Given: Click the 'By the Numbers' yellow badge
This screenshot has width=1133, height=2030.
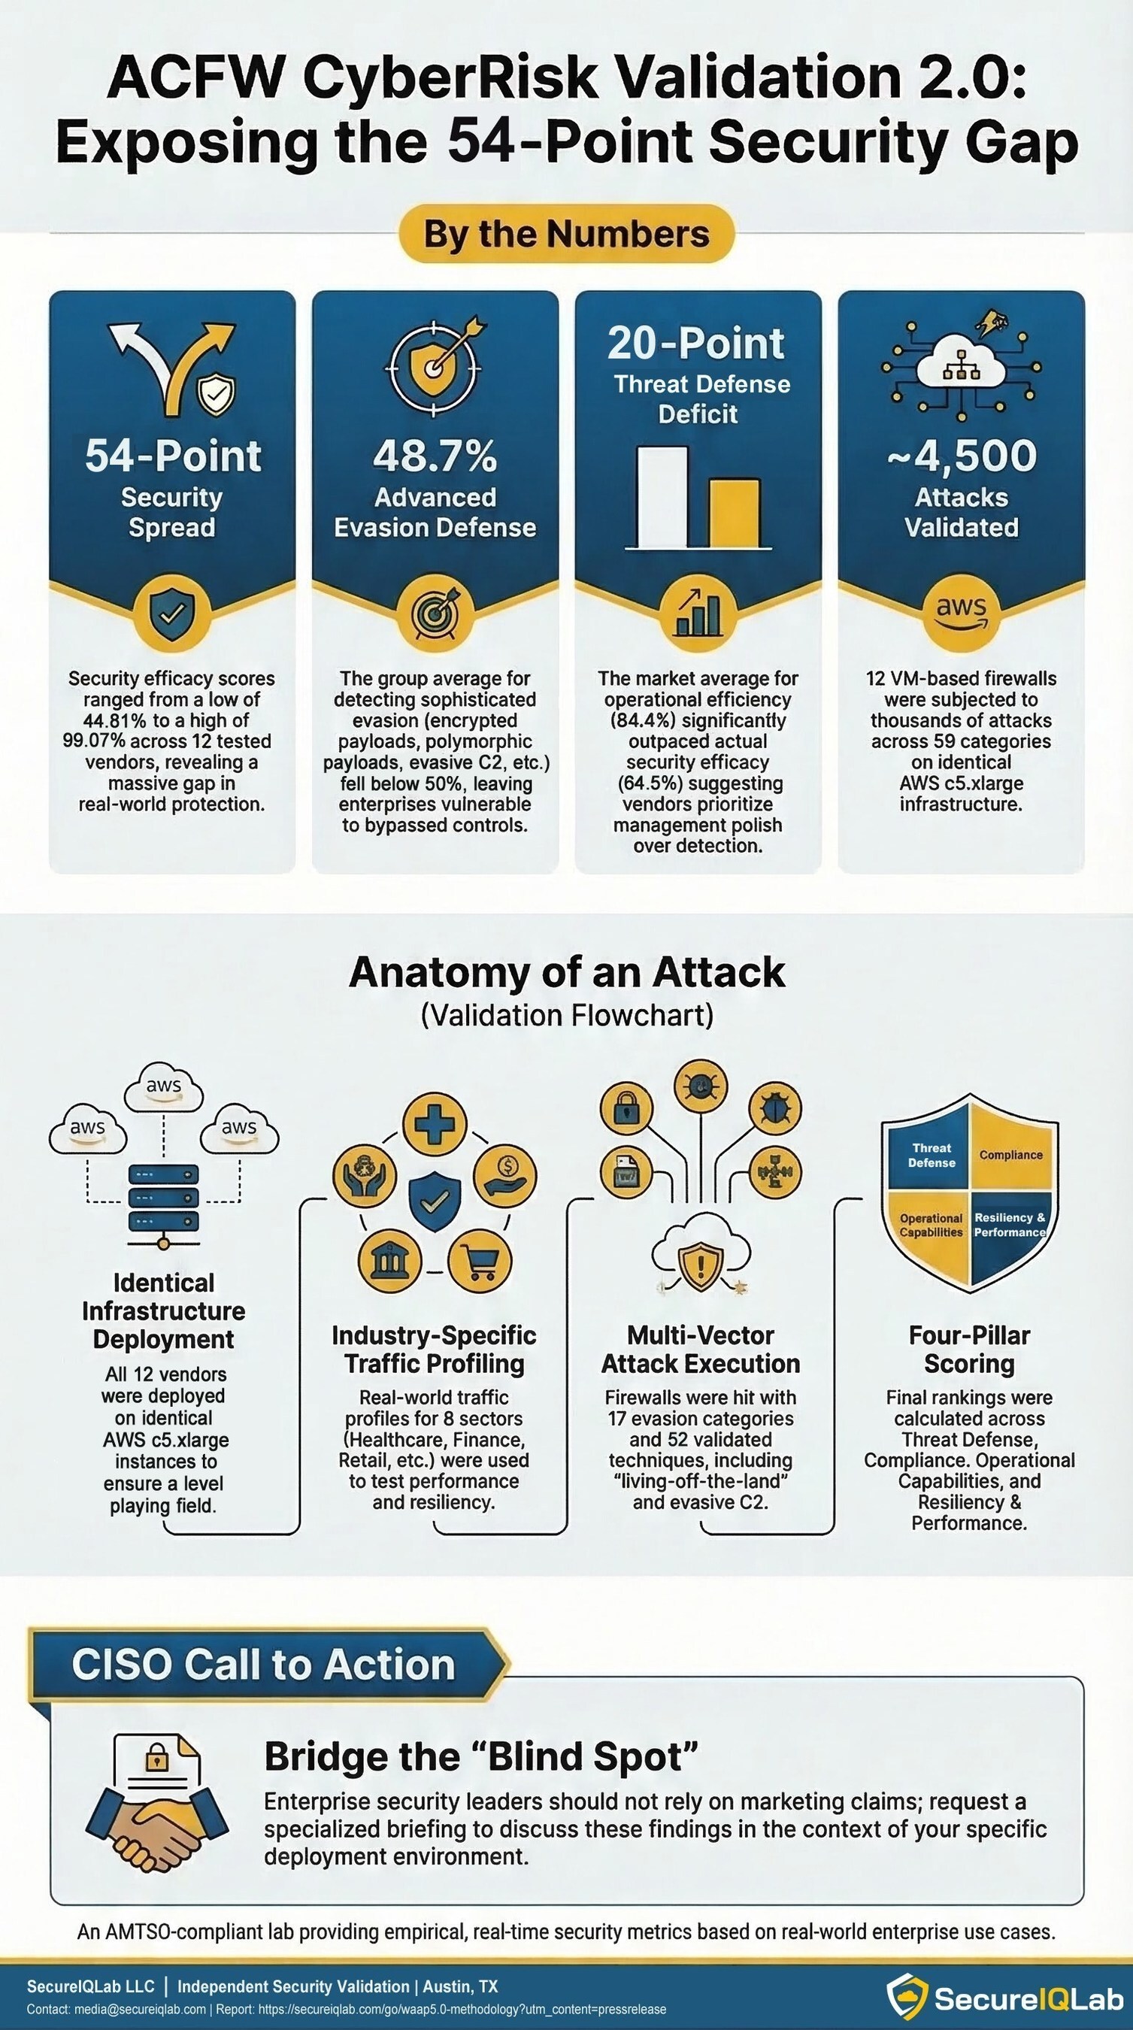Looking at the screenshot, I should [x=567, y=234].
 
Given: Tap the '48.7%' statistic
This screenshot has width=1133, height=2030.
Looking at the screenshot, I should [x=435, y=456].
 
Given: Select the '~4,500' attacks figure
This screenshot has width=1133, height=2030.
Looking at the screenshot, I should [x=962, y=456].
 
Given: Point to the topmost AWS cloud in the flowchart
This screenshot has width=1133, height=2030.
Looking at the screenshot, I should [x=164, y=1087].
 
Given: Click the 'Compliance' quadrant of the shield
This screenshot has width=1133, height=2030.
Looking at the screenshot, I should [x=1011, y=1155].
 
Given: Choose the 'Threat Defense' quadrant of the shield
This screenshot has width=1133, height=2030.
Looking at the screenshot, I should [x=932, y=1156].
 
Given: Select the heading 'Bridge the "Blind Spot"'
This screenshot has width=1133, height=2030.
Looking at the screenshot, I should [x=481, y=1756].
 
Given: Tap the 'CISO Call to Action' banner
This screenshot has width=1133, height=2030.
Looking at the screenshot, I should [x=264, y=1665].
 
